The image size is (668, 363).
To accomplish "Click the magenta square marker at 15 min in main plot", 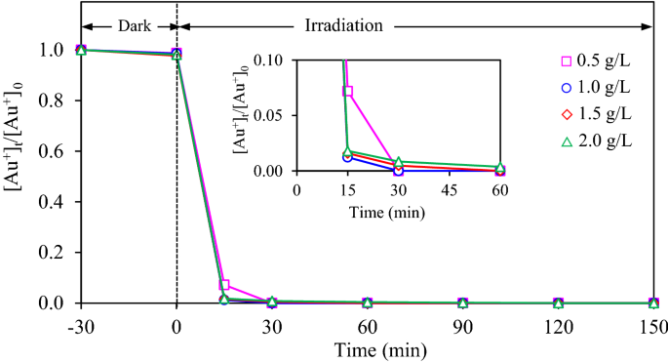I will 224,285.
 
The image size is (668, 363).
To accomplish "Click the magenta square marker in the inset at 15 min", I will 348,91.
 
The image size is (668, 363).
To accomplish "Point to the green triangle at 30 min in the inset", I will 398,162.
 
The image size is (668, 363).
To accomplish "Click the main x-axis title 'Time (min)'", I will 367,346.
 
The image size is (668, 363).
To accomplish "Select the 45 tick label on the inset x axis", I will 449,189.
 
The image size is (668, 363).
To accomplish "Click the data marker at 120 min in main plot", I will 558,303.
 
